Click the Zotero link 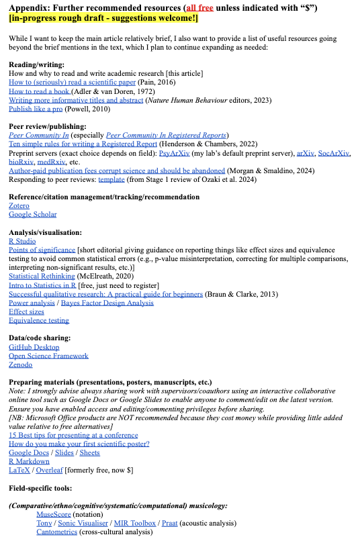19,206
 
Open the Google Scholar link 33,215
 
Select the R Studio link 22,241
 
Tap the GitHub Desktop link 34,347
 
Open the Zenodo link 21,364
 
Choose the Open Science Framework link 48,356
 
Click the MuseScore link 53,514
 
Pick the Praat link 169,523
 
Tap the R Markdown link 29,461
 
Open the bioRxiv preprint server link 21,162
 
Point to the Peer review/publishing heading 47,126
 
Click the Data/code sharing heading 40,338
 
